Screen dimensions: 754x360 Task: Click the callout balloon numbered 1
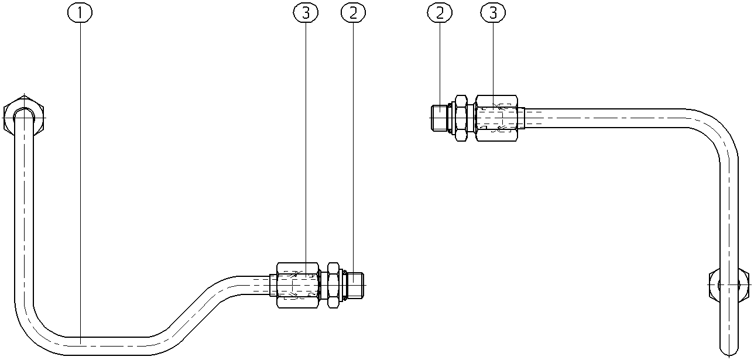coord(80,13)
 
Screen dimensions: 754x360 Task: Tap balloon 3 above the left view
coord(306,13)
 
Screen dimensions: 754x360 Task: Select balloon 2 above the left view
coord(353,13)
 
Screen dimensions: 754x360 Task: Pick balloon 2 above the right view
coord(440,13)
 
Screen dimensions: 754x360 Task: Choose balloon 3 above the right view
coord(493,13)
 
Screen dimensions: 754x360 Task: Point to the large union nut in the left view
coord(297,285)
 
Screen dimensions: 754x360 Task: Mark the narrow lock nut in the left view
coord(333,285)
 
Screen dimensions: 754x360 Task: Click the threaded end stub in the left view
coord(355,285)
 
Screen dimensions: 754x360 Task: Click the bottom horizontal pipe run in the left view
coord(108,345)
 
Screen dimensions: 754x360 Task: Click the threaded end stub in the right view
coord(440,118)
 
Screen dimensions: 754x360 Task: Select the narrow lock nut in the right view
coord(461,118)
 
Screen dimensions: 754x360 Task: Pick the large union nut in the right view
coord(497,118)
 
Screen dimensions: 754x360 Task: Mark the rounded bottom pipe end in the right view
coord(729,350)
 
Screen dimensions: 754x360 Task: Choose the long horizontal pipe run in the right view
coord(606,118)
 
